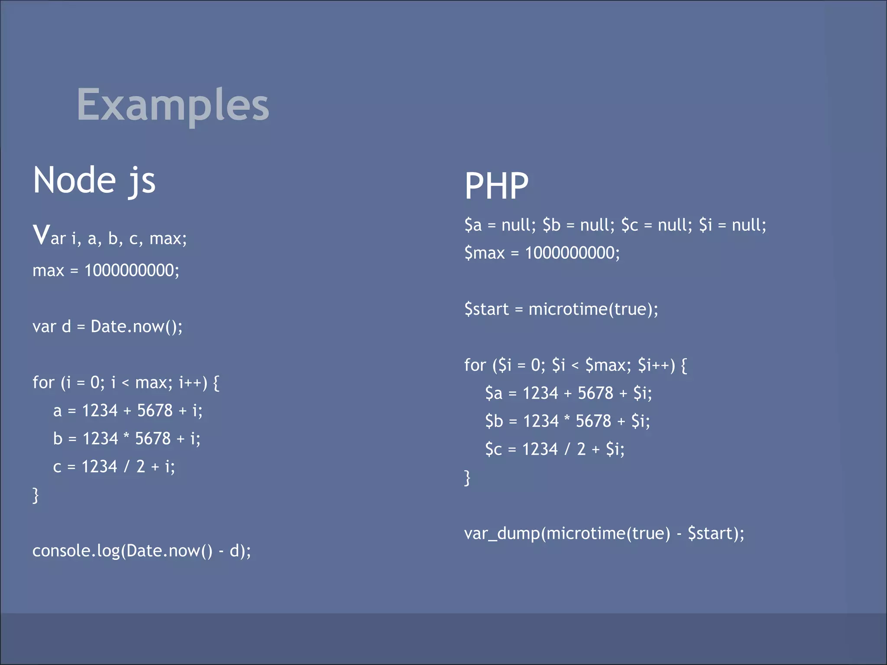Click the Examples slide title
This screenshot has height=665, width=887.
[173, 105]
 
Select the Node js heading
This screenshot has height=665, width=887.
[94, 181]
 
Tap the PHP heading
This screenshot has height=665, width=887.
[496, 186]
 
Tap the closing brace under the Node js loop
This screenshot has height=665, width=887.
[36, 495]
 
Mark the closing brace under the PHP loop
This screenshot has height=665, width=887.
[467, 478]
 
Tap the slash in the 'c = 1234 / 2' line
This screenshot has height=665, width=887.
[127, 467]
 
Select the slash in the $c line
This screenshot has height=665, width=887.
[567, 449]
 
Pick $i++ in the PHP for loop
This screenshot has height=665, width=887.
[654, 365]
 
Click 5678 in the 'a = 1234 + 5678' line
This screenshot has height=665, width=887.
[155, 410]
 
